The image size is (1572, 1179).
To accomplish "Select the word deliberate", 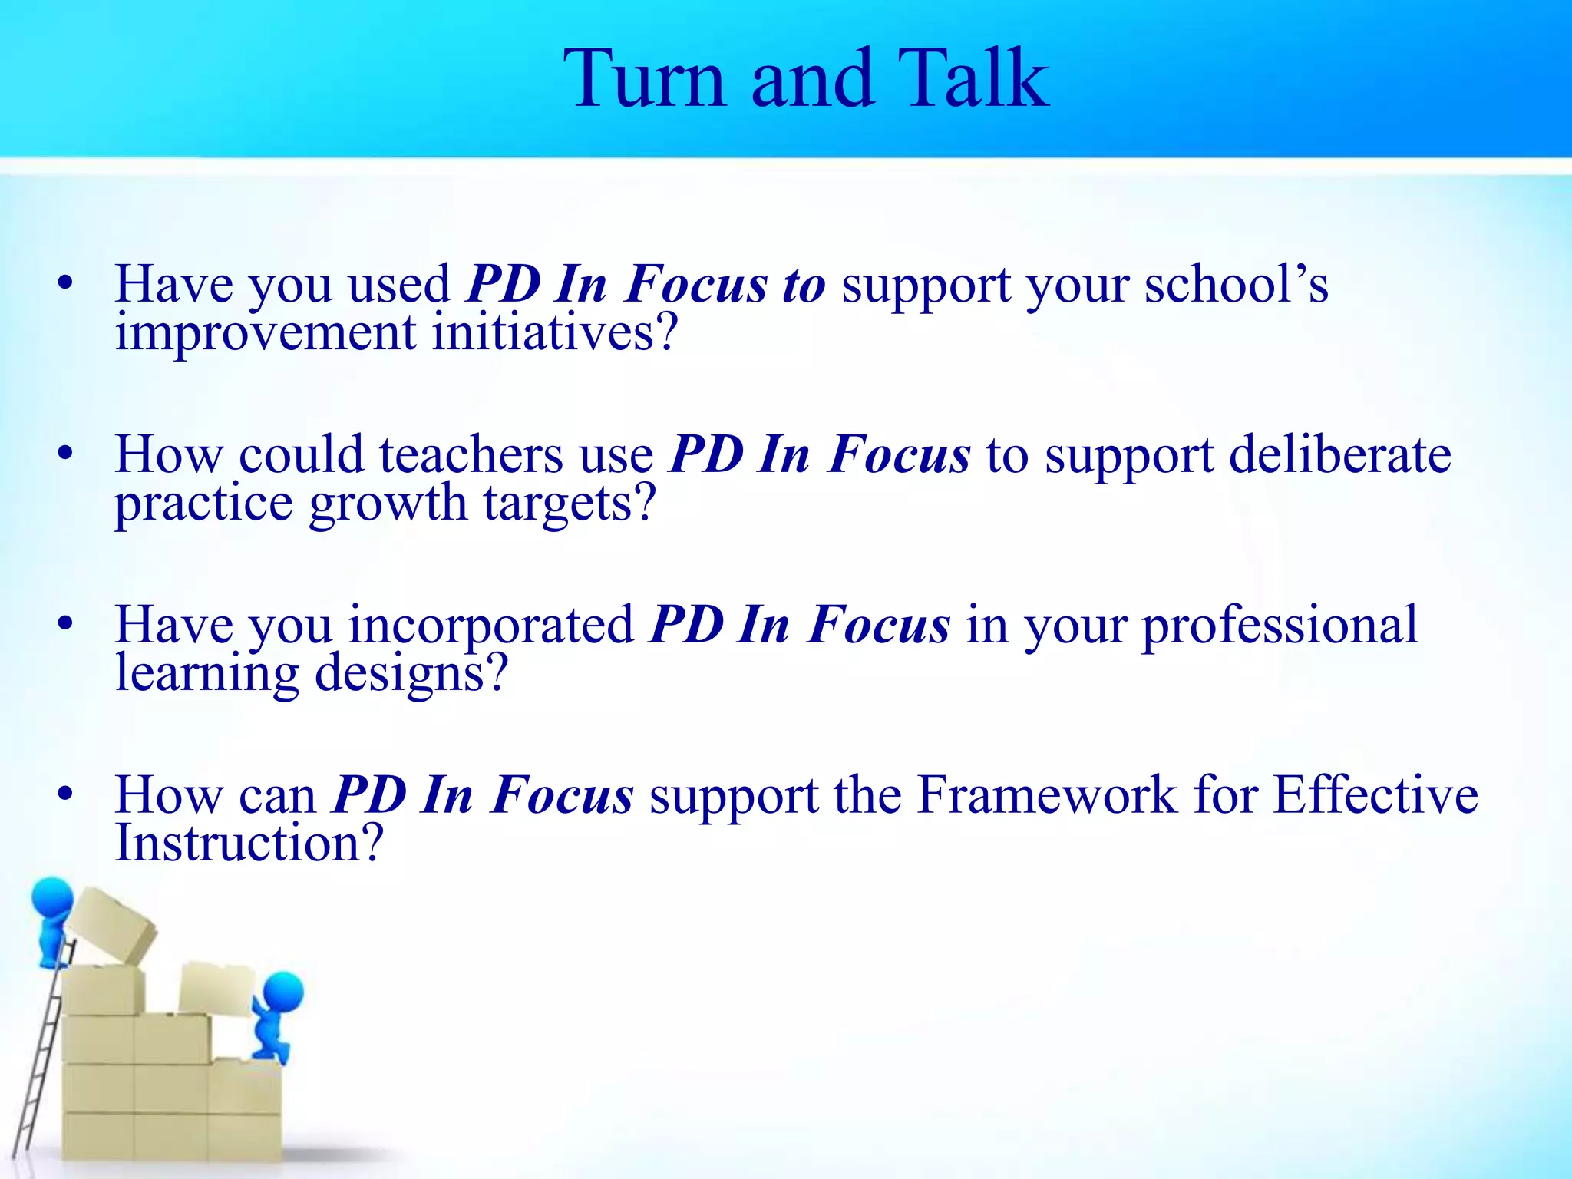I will (1339, 454).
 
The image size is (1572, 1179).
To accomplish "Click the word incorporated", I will (491, 625).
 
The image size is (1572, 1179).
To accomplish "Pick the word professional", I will (1280, 625).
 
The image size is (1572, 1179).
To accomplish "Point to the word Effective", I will (1375, 795).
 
